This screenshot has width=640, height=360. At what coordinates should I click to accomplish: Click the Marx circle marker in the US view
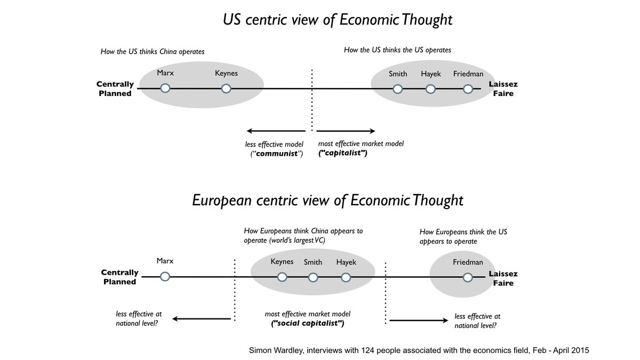(165, 88)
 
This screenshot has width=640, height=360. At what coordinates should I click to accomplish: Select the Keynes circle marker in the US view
(226, 88)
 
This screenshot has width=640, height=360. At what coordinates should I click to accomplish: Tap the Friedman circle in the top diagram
(468, 89)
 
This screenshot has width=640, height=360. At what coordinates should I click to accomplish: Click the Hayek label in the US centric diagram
(430, 74)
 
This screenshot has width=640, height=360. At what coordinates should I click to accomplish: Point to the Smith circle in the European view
(313, 277)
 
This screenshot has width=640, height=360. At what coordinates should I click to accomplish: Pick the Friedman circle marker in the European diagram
(468, 277)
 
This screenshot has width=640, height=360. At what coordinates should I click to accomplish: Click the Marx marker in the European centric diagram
(165, 277)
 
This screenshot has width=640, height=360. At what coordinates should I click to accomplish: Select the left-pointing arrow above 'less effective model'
(275, 131)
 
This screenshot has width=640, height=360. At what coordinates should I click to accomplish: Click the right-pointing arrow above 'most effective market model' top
(346, 131)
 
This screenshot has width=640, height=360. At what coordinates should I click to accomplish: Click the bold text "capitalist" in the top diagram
(342, 153)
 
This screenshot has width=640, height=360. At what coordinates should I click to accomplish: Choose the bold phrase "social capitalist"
(308, 324)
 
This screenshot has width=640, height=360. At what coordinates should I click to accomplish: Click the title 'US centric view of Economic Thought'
(337, 20)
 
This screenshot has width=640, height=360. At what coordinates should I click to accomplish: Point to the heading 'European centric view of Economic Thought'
(327, 201)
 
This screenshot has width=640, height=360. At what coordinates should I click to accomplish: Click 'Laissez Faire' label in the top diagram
(503, 89)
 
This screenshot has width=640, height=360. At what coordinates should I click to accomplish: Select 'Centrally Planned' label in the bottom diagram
(120, 277)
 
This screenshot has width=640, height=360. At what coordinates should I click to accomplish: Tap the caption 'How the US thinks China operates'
(153, 52)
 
